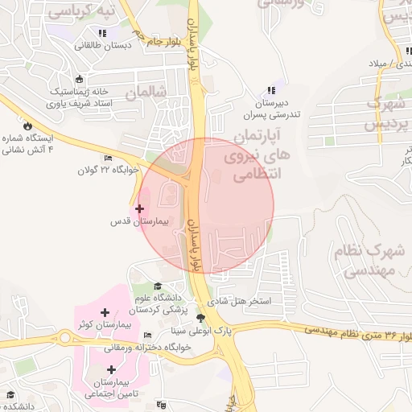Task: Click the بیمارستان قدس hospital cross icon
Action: click(140, 208)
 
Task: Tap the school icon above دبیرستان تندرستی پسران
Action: click(271, 90)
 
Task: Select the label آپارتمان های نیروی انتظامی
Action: click(266, 153)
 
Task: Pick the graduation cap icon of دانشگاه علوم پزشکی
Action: click(158, 286)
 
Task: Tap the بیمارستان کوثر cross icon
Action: click(104, 312)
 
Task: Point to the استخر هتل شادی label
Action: click(241, 303)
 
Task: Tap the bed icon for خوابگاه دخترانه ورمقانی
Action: click(146, 336)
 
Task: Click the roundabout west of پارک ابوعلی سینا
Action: click(65, 339)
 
